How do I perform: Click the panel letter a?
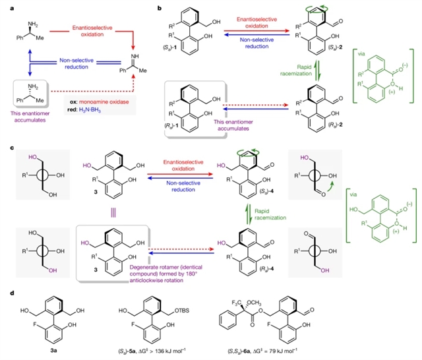[5, 7]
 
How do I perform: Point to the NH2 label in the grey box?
[22, 90]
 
